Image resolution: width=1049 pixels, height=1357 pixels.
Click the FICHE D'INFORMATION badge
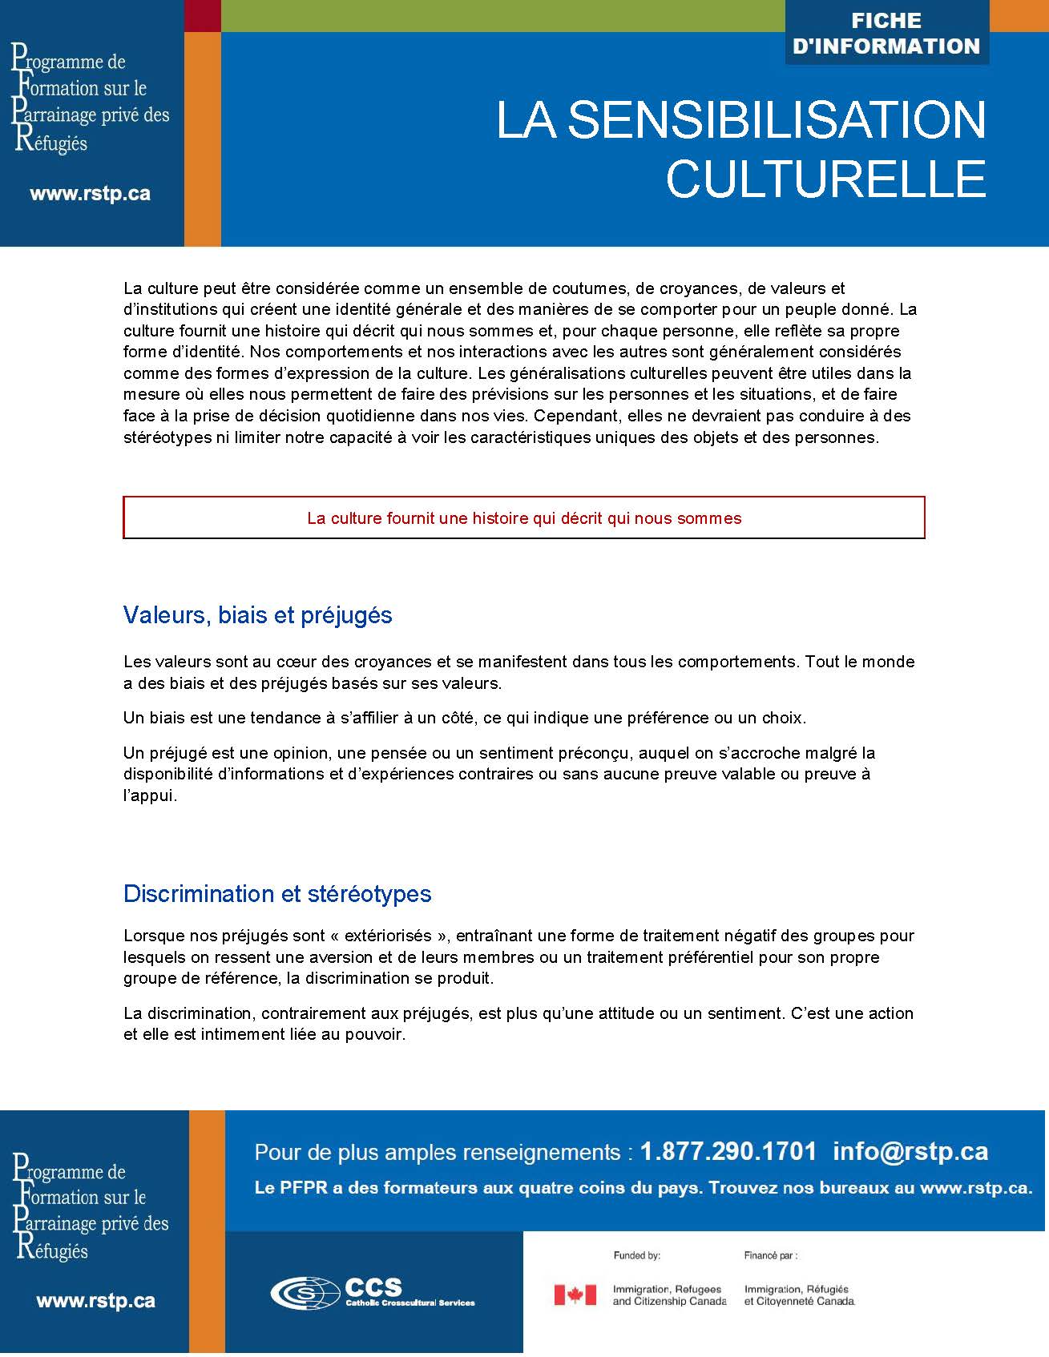tap(886, 34)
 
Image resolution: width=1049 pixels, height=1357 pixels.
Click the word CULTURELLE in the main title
tap(825, 178)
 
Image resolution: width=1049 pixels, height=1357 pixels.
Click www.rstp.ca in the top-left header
tap(90, 194)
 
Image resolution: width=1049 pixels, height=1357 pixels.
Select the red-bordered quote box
tap(524, 517)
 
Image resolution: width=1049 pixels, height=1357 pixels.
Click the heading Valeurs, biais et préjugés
tap(257, 615)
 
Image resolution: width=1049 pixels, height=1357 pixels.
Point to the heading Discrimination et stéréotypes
tap(277, 894)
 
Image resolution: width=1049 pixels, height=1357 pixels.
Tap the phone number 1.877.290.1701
tap(728, 1152)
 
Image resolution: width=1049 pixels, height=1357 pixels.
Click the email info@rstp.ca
tap(910, 1152)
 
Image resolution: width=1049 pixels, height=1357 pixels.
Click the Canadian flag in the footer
tap(575, 1295)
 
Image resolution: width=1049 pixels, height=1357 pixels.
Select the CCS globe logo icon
tap(305, 1292)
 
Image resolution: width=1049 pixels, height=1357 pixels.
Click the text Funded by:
tap(636, 1255)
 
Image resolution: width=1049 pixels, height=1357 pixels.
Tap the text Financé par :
tap(770, 1255)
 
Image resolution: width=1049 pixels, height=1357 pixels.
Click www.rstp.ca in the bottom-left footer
tap(95, 1301)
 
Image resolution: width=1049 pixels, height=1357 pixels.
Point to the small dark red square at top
tap(203, 16)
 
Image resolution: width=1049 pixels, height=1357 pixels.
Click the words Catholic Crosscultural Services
tap(410, 1303)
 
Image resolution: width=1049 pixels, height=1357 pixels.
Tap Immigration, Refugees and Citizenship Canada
tap(668, 1295)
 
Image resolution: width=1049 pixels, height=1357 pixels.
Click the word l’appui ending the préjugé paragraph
tap(149, 795)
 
